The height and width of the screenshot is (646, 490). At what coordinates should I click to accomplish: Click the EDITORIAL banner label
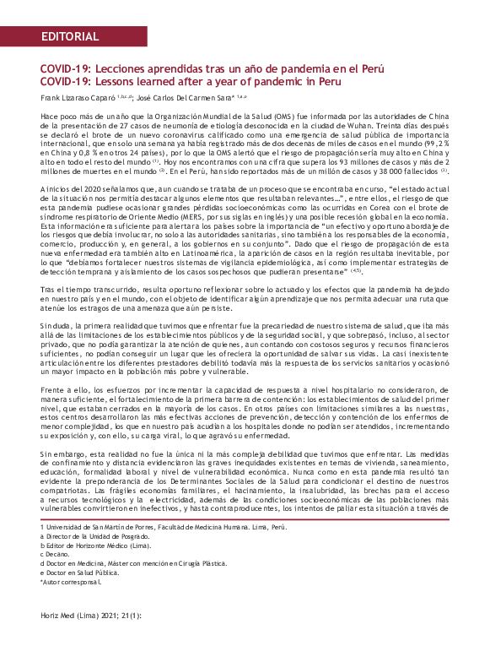(69, 37)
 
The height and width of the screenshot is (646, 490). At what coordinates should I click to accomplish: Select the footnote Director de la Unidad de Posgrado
(101, 536)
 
